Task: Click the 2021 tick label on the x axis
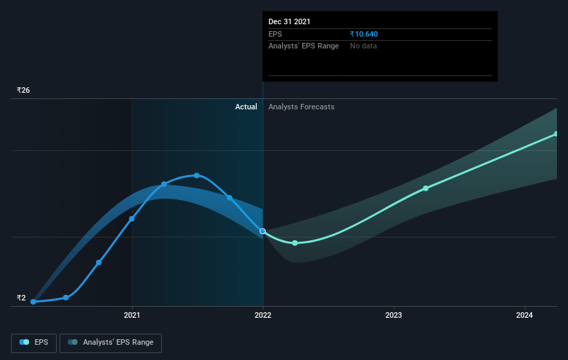(132, 315)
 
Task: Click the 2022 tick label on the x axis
(263, 315)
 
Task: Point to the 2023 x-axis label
(394, 315)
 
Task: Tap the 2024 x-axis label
(524, 315)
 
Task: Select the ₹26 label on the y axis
(24, 90)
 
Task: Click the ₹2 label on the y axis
(21, 298)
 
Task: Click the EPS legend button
(34, 343)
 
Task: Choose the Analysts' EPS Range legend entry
(111, 343)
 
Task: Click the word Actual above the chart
(246, 107)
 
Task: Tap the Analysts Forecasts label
(302, 107)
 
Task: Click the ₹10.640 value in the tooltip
(364, 34)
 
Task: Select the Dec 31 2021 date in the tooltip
(289, 21)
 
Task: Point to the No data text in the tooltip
(363, 46)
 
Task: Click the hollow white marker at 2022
(263, 231)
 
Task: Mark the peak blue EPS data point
(196, 175)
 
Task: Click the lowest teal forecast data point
(295, 243)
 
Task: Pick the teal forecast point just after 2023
(425, 188)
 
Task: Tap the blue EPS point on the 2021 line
(132, 219)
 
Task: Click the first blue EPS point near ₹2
(33, 302)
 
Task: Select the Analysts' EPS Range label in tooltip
(304, 46)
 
